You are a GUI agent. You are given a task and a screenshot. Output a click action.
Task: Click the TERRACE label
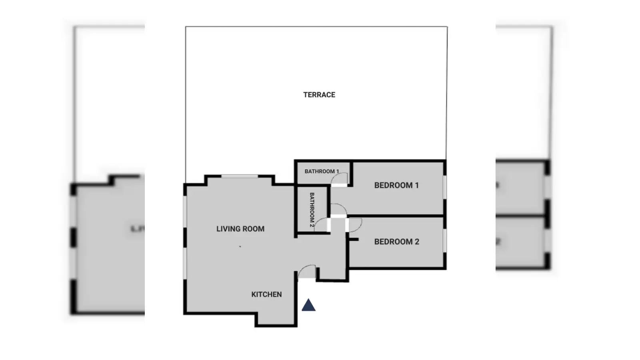pyautogui.click(x=319, y=95)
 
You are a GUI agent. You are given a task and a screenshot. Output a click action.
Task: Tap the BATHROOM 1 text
pyautogui.click(x=322, y=172)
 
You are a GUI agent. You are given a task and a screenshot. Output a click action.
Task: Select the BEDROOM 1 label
pyautogui.click(x=396, y=186)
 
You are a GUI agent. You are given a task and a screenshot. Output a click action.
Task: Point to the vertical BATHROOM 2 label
pyautogui.click(x=312, y=210)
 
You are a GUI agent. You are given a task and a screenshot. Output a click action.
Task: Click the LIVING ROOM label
pyautogui.click(x=240, y=229)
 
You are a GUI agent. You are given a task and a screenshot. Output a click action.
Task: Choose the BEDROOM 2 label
pyautogui.click(x=396, y=242)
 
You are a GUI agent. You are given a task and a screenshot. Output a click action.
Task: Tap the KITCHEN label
pyautogui.click(x=266, y=294)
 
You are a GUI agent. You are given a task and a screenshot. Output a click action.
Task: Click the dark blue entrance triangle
pyautogui.click(x=308, y=305)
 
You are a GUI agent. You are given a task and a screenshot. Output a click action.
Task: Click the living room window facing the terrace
pyautogui.click(x=240, y=176)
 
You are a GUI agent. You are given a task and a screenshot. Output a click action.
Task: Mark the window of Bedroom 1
pyautogui.click(x=445, y=187)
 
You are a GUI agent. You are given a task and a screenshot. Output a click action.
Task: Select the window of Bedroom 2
pyautogui.click(x=445, y=240)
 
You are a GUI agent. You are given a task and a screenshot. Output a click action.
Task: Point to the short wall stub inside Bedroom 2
pyautogui.click(x=354, y=240)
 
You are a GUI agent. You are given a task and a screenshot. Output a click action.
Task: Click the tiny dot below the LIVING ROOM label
pyautogui.click(x=240, y=246)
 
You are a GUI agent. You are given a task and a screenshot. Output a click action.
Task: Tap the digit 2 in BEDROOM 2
pyautogui.click(x=417, y=242)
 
